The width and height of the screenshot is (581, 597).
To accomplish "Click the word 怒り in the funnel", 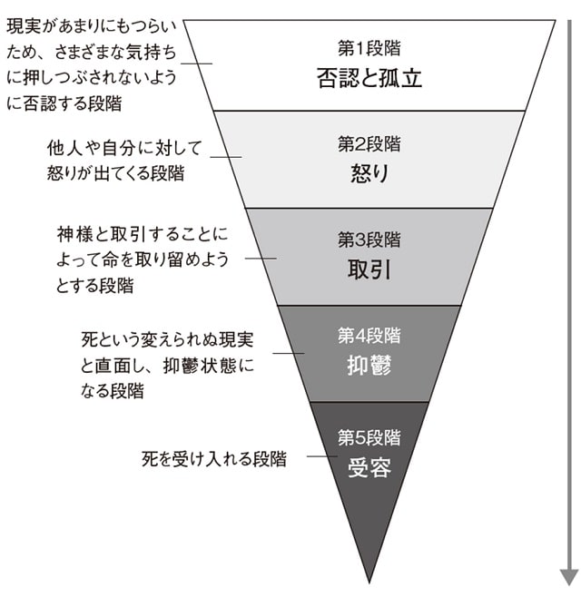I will tap(369, 173).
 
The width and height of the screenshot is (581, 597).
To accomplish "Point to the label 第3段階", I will tap(369, 240).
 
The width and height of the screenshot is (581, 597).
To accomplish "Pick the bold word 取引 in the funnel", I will tap(369, 270).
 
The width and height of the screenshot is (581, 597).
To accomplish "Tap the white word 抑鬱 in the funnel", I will tap(369, 367).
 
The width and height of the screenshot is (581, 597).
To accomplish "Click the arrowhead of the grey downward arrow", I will tap(568, 576).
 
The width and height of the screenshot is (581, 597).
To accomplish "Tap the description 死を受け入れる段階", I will tap(214, 458).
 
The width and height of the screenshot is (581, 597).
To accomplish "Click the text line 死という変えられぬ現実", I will tap(168, 341).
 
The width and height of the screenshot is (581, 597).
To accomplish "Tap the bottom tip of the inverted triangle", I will tap(369, 581).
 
